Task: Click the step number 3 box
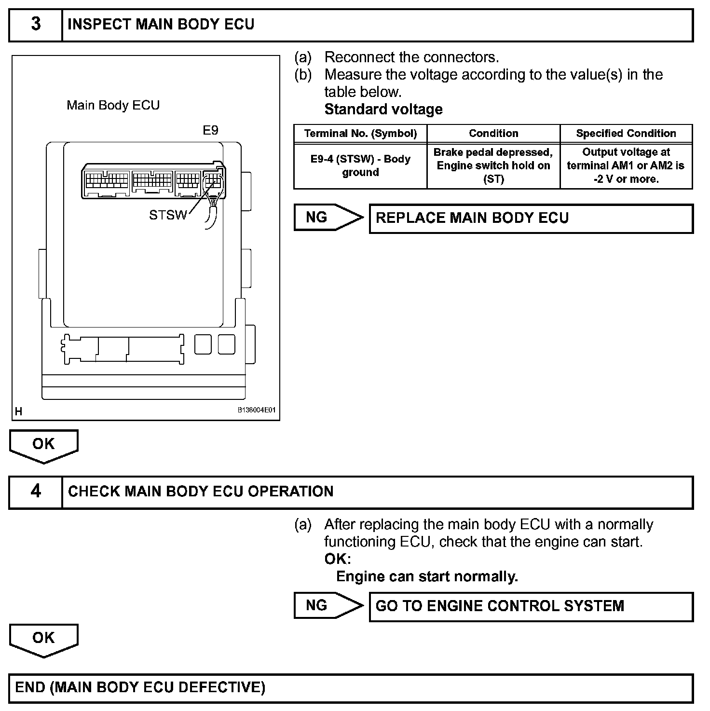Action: coord(36,25)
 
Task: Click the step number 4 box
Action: coord(36,492)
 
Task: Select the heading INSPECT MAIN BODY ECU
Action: coord(161,25)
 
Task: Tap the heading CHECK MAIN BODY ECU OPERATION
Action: coord(201,492)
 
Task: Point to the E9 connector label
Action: coord(210,130)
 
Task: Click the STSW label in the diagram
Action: coord(167,215)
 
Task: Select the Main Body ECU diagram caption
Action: coord(113,105)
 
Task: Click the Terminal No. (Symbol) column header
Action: coord(360,134)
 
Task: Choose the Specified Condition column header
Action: coord(626,134)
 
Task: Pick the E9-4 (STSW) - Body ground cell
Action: coord(360,165)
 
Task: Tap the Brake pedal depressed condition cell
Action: coord(493,165)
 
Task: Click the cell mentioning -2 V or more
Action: coord(626,165)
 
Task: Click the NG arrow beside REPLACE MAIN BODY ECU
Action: coord(328,218)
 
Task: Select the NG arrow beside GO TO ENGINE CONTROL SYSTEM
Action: coord(328,606)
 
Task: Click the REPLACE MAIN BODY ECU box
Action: coord(531,218)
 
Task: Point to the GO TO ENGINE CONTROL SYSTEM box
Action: coord(531,606)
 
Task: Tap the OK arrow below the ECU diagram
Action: coord(43,445)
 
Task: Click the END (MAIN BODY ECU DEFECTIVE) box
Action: coord(351,687)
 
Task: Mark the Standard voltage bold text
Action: coord(383,109)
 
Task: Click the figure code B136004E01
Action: coord(256,410)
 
